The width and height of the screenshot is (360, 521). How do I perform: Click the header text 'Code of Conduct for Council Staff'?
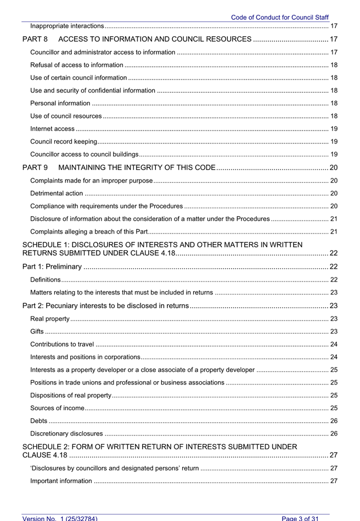[x=279, y=18]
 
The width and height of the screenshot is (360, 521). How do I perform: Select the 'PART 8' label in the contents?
[x=35, y=39]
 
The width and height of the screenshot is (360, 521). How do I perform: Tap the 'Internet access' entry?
[x=53, y=129]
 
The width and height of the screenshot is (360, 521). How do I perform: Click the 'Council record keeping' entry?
[x=64, y=141]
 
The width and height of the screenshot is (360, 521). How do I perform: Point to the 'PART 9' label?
[x=35, y=167]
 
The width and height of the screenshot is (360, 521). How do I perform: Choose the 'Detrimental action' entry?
[x=57, y=193]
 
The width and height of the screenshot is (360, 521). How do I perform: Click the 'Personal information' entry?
[x=60, y=103]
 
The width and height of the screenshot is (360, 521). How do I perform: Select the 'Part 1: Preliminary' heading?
[x=52, y=267]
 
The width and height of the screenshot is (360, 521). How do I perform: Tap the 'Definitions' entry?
[x=46, y=280]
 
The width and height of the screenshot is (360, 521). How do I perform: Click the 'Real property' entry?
[x=50, y=319]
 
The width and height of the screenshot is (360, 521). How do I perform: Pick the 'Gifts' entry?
[x=37, y=331]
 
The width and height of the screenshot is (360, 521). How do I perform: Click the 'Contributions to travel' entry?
[x=62, y=344]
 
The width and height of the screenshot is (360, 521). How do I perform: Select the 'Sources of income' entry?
[x=58, y=408]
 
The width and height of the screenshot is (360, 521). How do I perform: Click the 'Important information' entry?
[x=61, y=481]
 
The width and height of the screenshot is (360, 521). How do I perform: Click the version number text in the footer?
[x=60, y=518]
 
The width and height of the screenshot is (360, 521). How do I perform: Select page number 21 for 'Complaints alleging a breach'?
[x=334, y=231]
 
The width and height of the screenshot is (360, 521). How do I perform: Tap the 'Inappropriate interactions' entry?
[x=67, y=26]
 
